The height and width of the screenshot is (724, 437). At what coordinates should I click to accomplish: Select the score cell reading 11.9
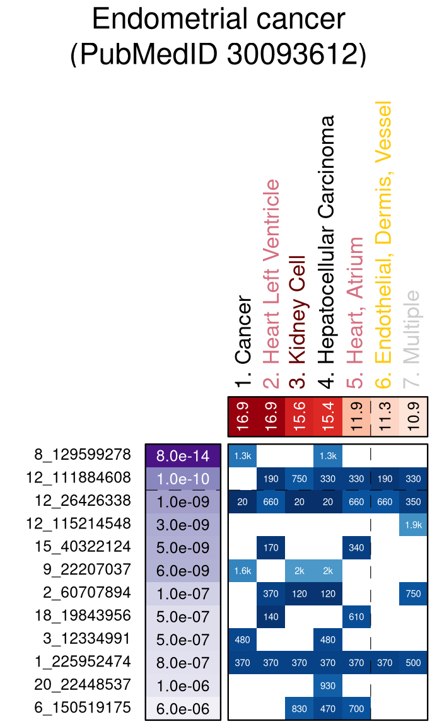[x=356, y=417]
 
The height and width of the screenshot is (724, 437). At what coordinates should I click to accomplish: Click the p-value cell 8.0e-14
[x=183, y=455]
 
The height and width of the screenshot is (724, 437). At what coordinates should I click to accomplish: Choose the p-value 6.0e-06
[x=183, y=708]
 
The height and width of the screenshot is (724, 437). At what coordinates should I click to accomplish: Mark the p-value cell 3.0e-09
[x=183, y=524]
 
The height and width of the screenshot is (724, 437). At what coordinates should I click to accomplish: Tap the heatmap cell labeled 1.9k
[x=413, y=524]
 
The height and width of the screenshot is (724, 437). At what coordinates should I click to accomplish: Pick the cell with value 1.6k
[x=242, y=570]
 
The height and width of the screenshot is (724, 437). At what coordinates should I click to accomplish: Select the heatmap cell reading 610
[x=356, y=616]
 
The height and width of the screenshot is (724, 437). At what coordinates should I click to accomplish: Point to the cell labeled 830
[x=299, y=708]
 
